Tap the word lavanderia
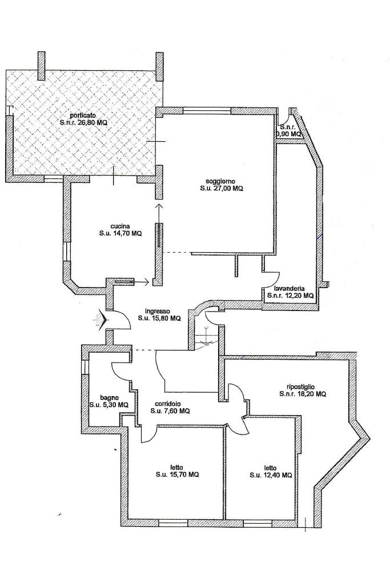289,288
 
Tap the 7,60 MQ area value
179,410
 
